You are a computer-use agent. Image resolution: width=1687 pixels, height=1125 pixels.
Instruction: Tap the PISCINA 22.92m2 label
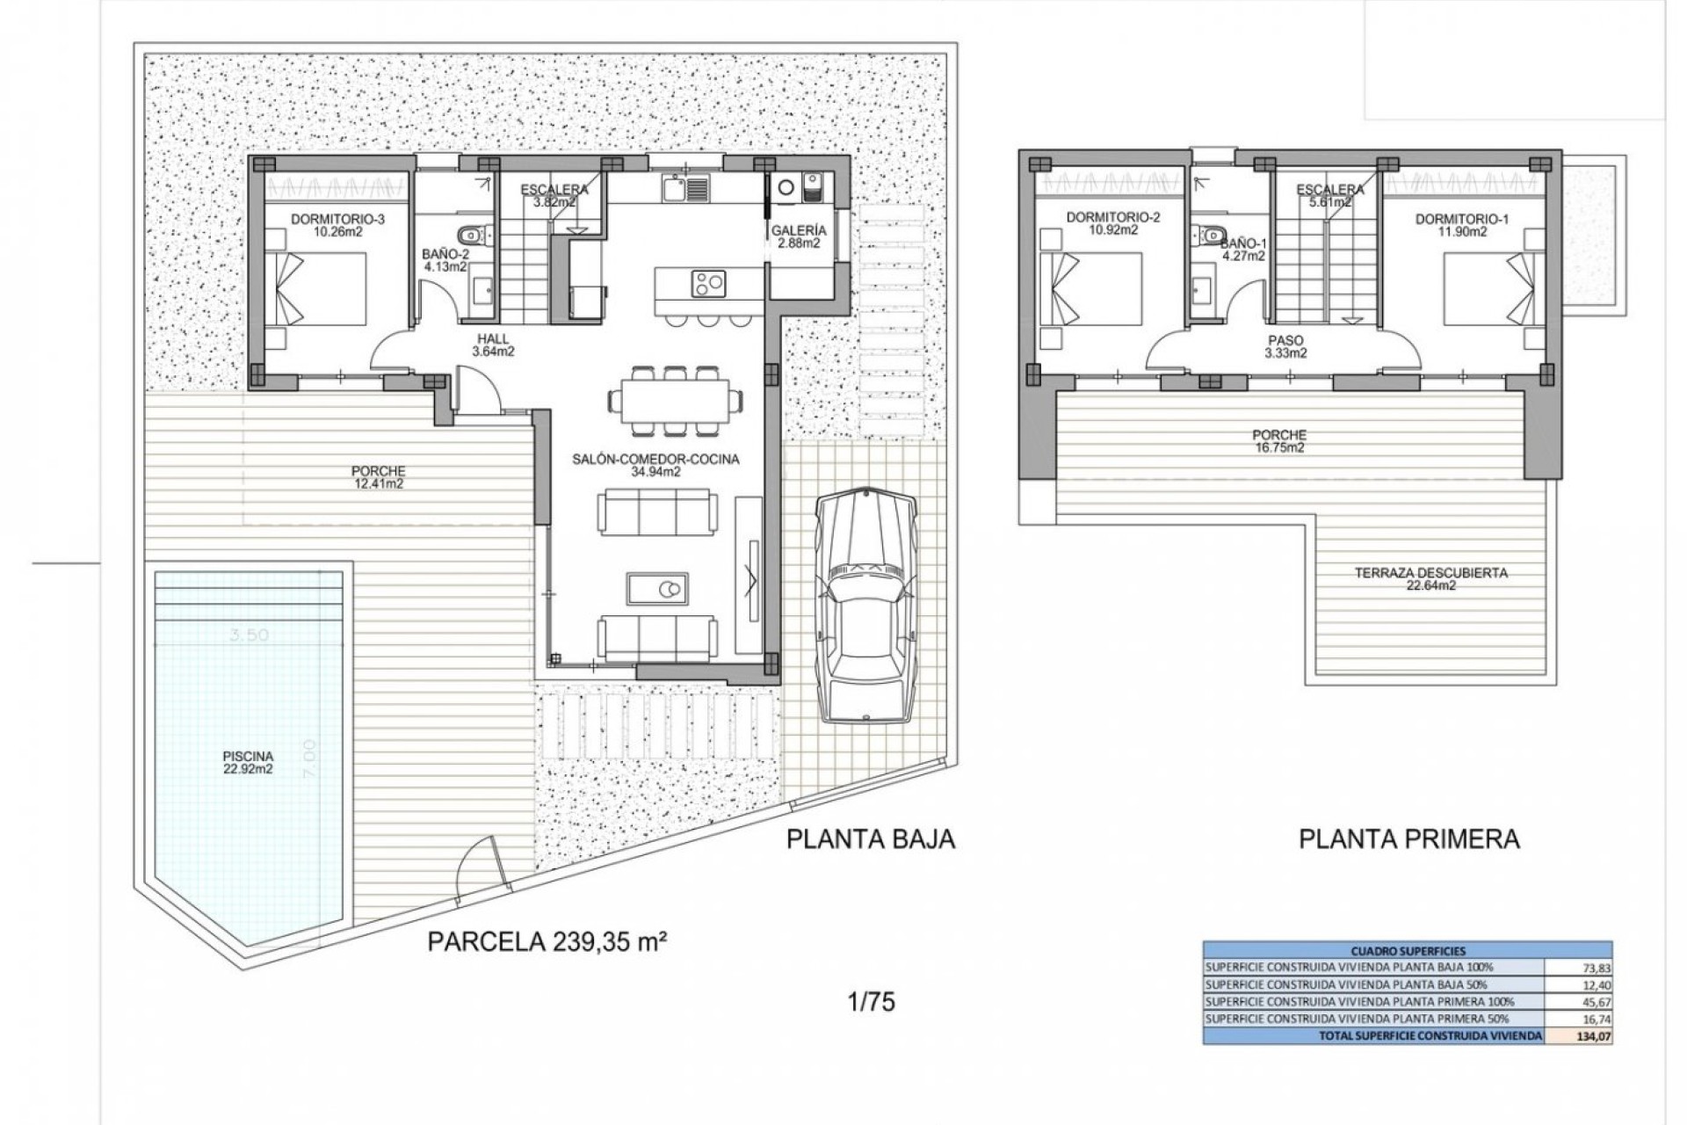click(x=248, y=762)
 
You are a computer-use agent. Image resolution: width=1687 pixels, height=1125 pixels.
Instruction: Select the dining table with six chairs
click(x=673, y=401)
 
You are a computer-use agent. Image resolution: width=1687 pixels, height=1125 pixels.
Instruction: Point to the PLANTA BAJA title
click(x=870, y=839)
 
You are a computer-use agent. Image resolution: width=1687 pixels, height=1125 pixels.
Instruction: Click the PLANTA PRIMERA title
click(x=1408, y=839)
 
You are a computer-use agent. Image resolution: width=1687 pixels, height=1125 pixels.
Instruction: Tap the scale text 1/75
click(x=872, y=1001)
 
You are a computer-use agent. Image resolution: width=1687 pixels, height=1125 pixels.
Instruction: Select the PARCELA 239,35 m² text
click(x=545, y=942)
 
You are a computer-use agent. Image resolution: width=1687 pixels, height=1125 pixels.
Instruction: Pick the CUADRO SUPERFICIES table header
click(x=1407, y=951)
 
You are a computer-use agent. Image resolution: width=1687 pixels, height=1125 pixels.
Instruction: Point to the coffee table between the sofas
click(x=658, y=586)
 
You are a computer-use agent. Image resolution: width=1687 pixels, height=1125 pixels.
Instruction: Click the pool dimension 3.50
click(x=248, y=635)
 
